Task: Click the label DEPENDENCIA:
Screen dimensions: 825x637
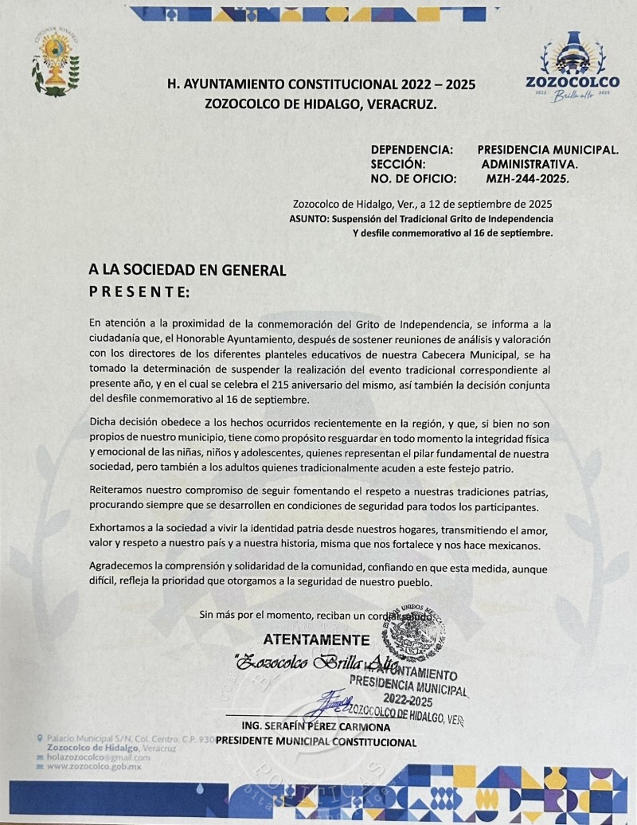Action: (412, 149)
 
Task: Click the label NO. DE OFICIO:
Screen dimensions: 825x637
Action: (414, 179)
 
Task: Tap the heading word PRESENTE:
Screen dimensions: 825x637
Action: (139, 292)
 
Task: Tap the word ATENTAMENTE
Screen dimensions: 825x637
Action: (316, 639)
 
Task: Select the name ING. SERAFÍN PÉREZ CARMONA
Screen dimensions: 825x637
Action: (315, 728)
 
